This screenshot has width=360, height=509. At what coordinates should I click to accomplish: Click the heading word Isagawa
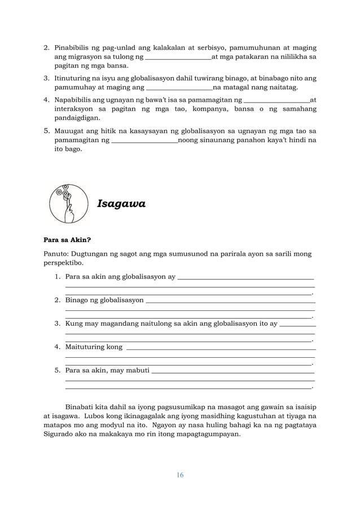coord(121,204)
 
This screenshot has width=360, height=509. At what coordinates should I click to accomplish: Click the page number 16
coord(179,475)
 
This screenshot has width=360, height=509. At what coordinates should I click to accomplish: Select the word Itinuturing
coord(74,78)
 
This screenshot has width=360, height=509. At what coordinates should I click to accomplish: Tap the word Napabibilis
coord(76,99)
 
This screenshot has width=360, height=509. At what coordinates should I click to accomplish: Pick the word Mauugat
coord(70,130)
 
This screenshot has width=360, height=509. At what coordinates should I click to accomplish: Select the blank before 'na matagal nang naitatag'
coord(179,88)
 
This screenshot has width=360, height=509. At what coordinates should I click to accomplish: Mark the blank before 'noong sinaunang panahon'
coord(145,140)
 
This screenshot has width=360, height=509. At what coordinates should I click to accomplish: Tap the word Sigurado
coord(60,435)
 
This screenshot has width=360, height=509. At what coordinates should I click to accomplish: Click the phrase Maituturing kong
coord(94,346)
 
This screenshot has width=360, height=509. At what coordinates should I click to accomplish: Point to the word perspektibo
coord(64,263)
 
